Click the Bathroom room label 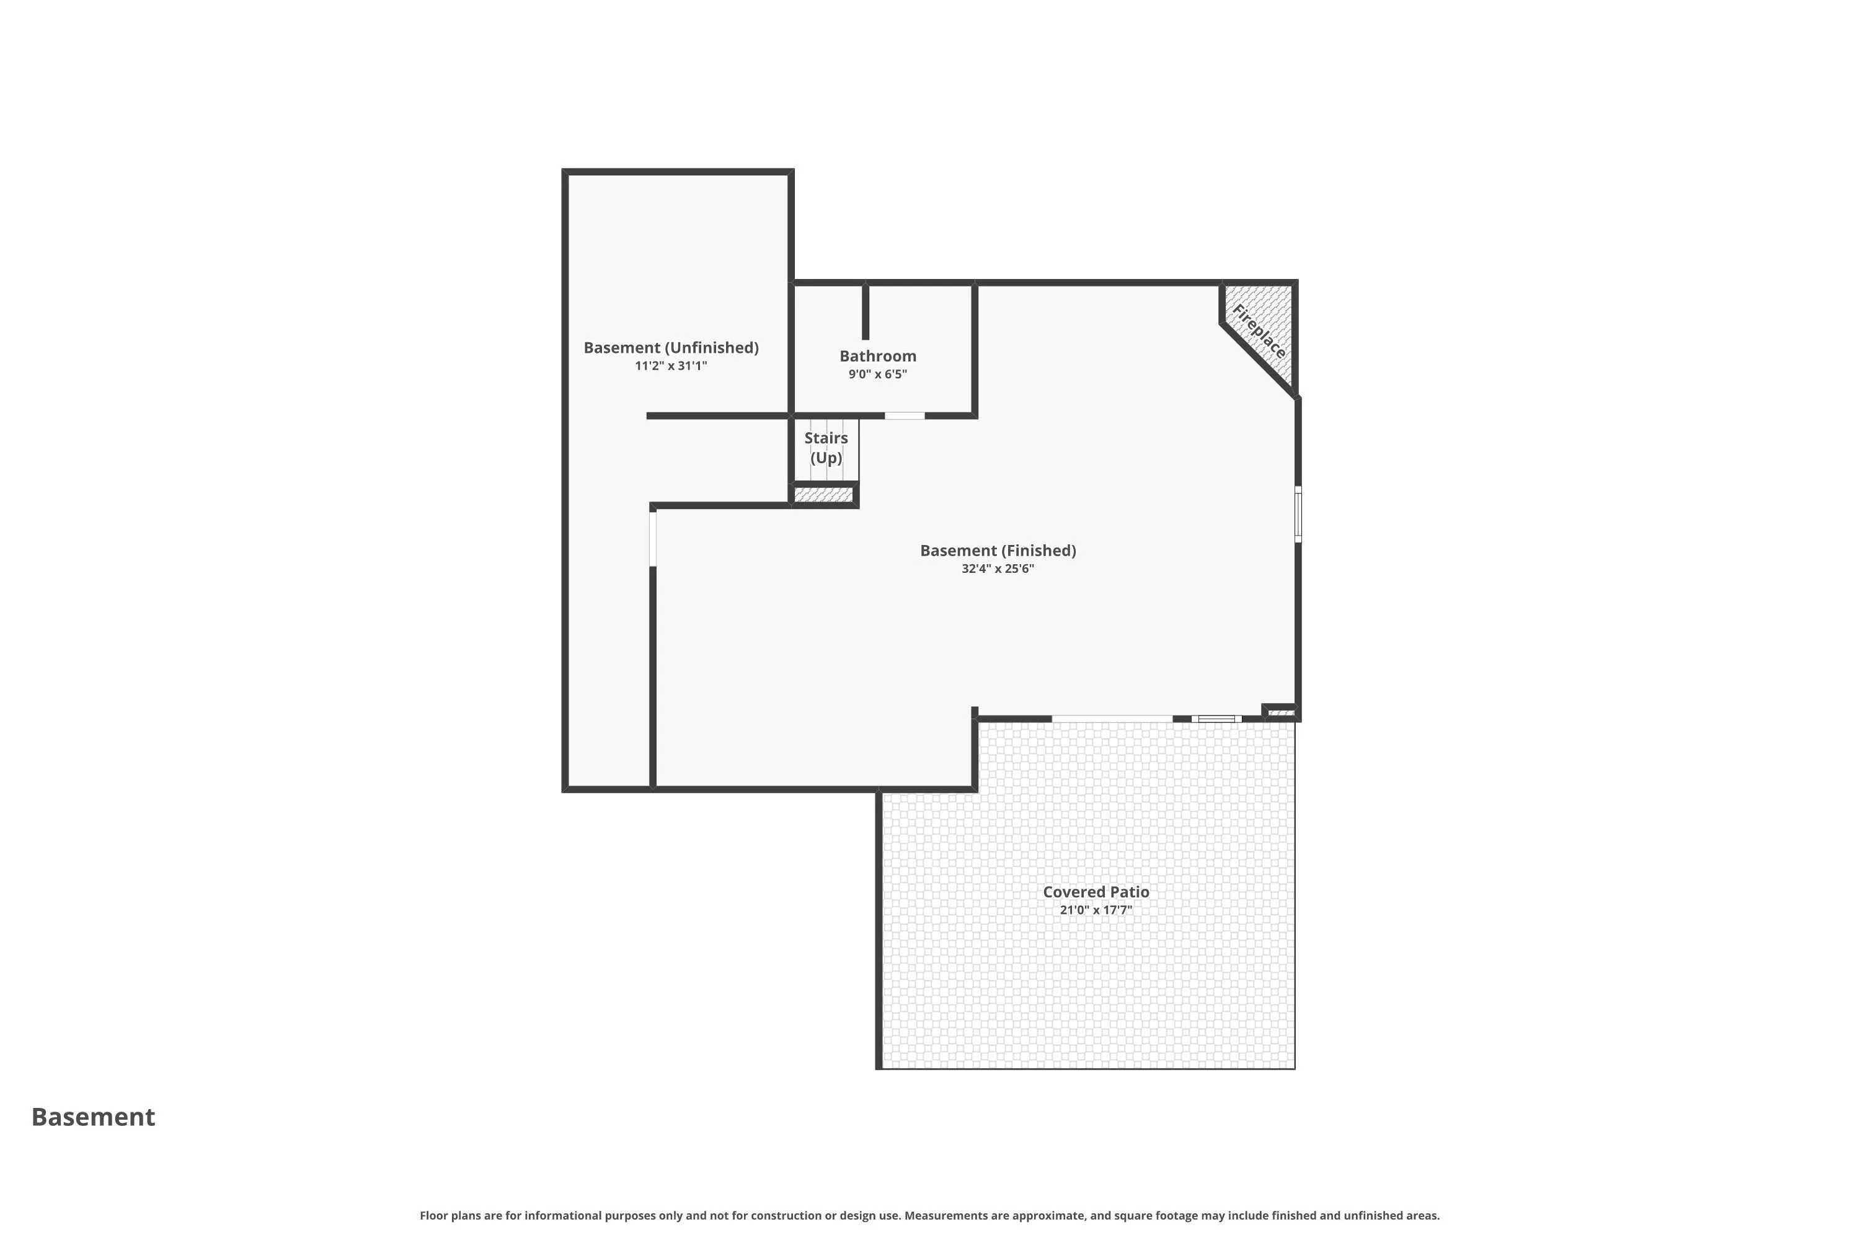878,356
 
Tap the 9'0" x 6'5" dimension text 878,374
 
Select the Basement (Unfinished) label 671,348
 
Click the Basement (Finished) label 998,551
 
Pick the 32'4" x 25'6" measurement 998,569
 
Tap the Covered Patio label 1096,892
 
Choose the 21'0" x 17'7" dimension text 1096,910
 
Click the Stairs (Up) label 826,448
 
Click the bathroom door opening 905,416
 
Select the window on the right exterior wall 1298,514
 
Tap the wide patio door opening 1112,718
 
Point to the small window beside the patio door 1216,719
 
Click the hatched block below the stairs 823,495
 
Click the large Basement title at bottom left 94,1117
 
